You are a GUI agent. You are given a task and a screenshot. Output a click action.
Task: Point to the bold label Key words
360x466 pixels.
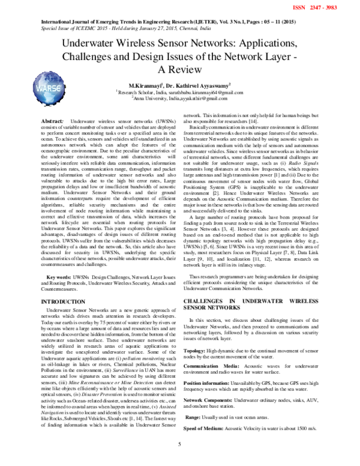60,277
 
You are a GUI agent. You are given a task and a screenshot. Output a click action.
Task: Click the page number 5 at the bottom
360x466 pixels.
180,460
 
